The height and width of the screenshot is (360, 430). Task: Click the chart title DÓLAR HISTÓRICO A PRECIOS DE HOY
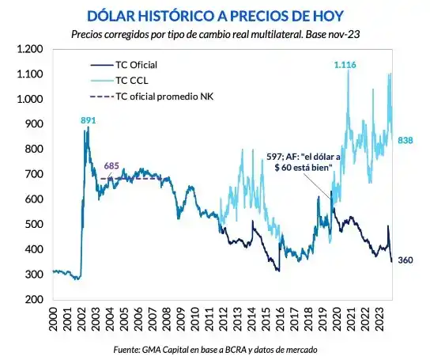pyautogui.click(x=215, y=15)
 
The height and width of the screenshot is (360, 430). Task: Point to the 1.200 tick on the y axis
pyautogui.click(x=28, y=49)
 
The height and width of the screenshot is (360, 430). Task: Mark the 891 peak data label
pyautogui.click(x=89, y=120)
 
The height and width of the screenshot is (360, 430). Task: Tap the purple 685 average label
pyautogui.click(x=113, y=166)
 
